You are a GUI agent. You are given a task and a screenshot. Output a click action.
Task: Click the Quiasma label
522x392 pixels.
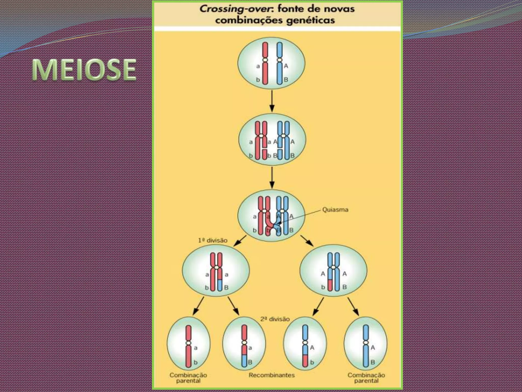335,210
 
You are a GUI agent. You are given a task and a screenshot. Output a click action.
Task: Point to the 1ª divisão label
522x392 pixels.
213,240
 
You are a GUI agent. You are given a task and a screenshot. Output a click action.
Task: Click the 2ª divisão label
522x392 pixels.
275,319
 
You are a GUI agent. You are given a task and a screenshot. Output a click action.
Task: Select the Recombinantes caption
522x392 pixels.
272,375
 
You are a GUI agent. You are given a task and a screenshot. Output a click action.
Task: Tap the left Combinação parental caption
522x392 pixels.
188,378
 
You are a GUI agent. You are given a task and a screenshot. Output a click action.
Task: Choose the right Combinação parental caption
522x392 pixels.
366,378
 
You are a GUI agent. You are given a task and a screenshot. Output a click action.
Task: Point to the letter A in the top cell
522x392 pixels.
286,66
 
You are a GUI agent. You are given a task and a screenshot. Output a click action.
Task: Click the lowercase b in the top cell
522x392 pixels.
258,80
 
